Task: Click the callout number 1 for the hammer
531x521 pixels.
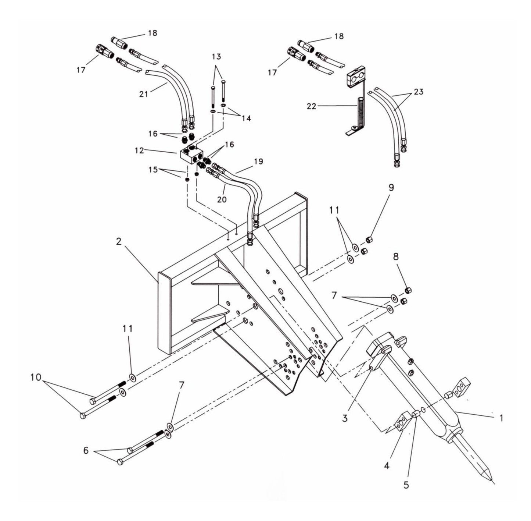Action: pos(501,418)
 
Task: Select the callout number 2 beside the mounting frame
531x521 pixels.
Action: pos(118,242)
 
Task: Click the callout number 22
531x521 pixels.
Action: pos(312,106)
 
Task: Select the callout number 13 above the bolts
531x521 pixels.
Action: pos(216,57)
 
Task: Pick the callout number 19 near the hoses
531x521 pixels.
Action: pos(259,162)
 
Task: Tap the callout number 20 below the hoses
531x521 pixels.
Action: pos(222,199)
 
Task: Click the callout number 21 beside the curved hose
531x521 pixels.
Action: pos(144,94)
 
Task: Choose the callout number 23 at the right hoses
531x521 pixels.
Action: pos(419,92)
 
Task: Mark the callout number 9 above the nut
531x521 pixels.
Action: pos(391,188)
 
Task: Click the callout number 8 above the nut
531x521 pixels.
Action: pos(396,257)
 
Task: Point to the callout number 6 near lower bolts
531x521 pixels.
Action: pos(86,450)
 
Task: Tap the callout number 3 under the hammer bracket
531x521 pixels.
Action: pos(345,418)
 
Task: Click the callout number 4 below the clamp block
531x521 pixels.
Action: pos(386,465)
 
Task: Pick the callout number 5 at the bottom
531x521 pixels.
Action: pos(406,485)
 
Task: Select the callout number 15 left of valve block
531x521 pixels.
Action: pos(153,170)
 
